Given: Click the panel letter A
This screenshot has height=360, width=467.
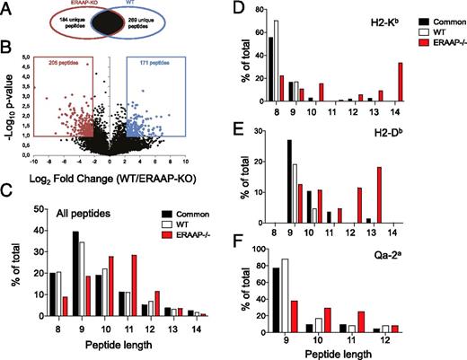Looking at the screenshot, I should tap(8, 8).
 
